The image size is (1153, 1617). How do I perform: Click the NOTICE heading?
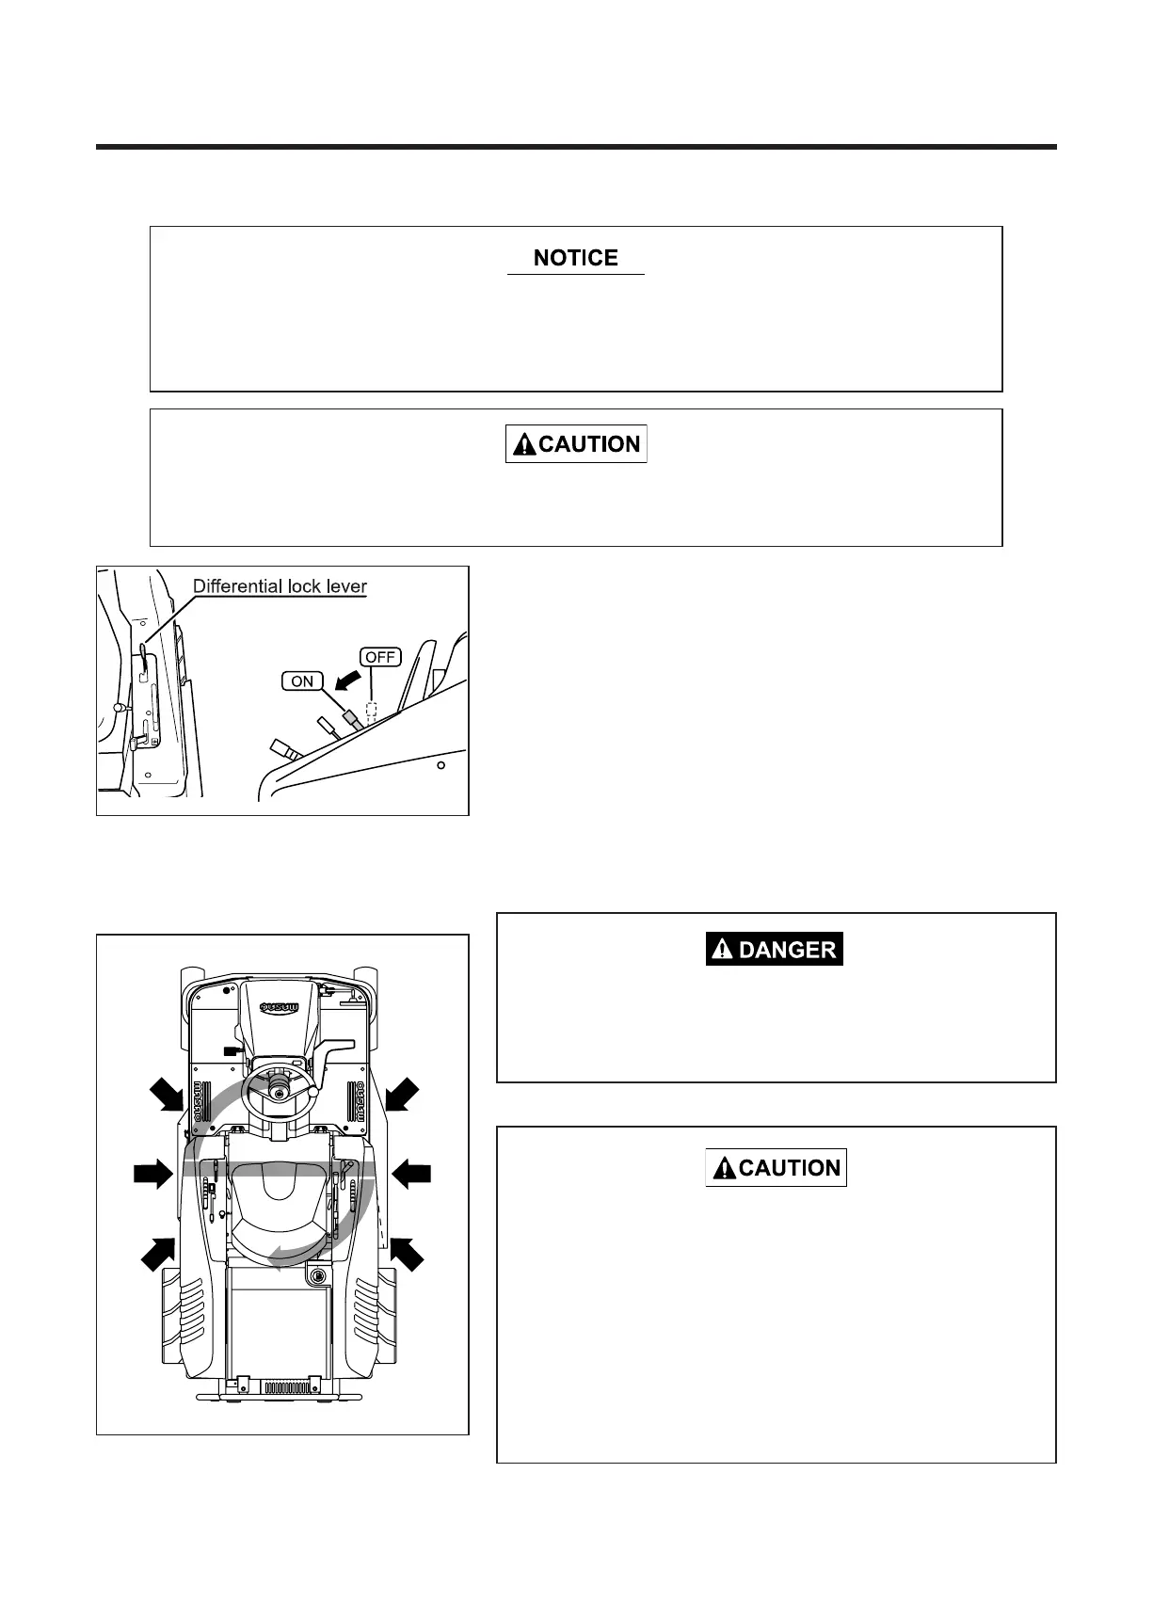point(575,258)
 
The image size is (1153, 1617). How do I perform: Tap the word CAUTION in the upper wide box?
point(589,444)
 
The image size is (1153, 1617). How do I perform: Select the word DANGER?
point(787,950)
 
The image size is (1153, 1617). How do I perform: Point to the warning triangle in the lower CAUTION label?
point(724,1169)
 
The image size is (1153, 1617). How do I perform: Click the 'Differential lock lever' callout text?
point(280,586)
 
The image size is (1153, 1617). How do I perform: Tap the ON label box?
point(302,681)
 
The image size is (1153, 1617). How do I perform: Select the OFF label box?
point(380,657)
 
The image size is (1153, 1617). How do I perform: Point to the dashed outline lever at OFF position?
point(372,711)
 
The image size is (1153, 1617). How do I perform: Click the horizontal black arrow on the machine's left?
point(152,1174)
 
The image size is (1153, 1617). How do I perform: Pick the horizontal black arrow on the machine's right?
point(411,1174)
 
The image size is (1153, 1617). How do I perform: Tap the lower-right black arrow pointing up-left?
point(407,1253)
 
